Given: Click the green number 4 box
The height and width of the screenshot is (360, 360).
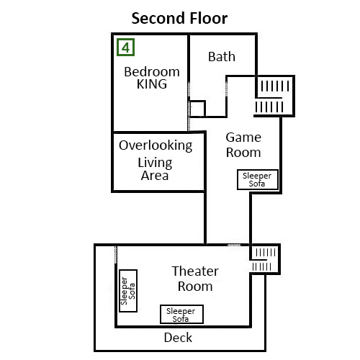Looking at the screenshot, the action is [x=125, y=48].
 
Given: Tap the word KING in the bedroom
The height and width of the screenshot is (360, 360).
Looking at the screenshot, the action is [x=152, y=84].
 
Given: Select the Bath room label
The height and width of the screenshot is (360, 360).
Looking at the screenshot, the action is [x=222, y=57].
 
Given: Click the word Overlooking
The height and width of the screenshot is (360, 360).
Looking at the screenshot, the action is [x=156, y=145].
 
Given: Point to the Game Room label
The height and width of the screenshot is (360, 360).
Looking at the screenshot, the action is [x=243, y=145].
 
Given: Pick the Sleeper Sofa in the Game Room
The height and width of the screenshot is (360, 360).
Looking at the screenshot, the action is [x=258, y=179].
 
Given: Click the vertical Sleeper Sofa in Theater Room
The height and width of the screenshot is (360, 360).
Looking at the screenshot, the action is [x=128, y=291].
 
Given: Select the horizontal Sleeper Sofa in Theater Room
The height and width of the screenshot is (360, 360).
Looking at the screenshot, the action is [x=181, y=314].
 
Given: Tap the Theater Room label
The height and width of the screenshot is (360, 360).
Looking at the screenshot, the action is [x=195, y=279].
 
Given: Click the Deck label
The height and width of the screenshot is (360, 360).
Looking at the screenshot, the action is [x=178, y=338].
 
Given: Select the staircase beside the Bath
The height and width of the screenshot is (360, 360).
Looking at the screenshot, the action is [x=275, y=96].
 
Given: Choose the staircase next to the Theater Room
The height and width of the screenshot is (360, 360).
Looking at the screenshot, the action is [x=265, y=260].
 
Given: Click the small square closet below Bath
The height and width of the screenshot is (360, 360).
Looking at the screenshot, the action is [x=197, y=109].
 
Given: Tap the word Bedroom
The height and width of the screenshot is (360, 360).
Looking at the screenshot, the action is [x=152, y=72].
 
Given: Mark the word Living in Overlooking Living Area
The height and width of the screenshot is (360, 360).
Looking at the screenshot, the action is [x=155, y=163].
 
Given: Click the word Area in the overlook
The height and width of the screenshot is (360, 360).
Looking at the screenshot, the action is [x=155, y=176].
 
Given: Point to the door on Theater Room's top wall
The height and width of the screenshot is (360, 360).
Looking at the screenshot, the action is [x=234, y=245].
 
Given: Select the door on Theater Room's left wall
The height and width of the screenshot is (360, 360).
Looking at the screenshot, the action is [x=116, y=255].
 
